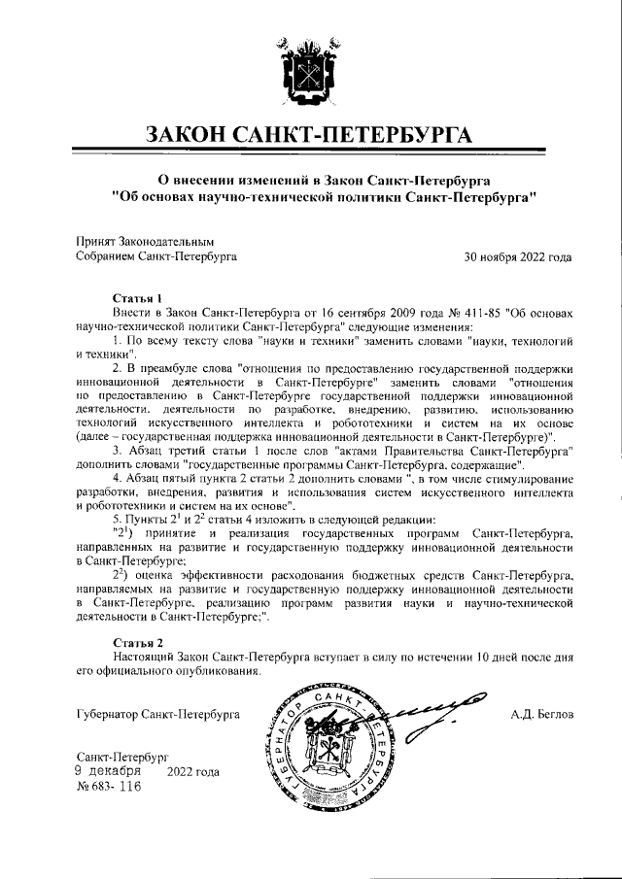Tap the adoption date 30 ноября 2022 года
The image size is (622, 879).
tap(518, 257)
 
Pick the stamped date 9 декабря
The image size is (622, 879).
tap(108, 771)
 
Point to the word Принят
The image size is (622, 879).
tap(94, 241)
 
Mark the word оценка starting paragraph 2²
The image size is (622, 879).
tap(158, 575)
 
